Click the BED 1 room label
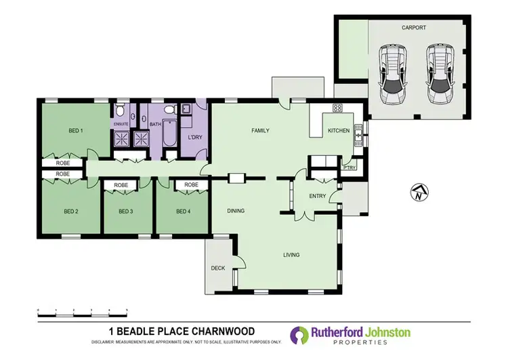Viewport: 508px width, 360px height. coord(75,130)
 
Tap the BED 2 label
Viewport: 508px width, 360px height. coord(71,212)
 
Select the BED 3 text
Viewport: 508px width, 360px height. coord(125,212)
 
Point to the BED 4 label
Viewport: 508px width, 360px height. coord(182,212)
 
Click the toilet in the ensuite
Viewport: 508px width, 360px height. coord(120,110)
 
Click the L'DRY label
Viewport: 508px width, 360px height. coord(196,138)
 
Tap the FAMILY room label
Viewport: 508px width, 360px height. coord(261,129)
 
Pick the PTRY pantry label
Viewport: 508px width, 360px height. coord(350,167)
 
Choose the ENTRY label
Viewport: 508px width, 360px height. coord(317,197)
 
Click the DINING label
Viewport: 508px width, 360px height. coord(235,211)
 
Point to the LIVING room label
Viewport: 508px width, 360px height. coord(291,255)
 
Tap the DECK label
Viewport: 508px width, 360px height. coord(217,268)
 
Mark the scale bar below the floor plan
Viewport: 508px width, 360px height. coord(82,311)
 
